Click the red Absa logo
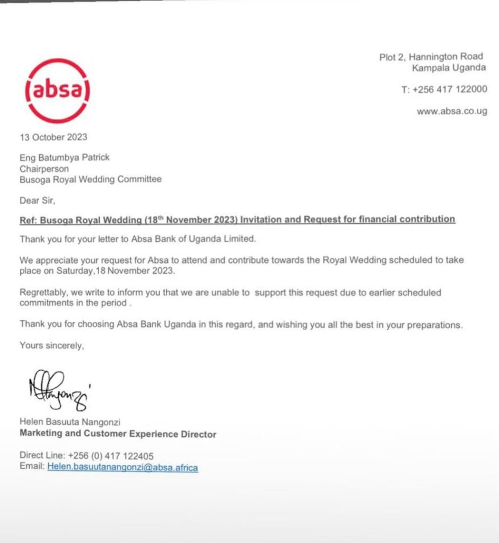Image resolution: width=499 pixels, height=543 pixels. (x=57, y=91)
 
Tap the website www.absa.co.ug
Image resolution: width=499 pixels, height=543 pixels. (x=452, y=111)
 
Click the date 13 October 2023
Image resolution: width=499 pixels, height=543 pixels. (x=54, y=137)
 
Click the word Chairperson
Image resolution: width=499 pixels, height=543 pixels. (x=44, y=169)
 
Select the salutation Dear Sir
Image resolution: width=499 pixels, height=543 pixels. (x=37, y=200)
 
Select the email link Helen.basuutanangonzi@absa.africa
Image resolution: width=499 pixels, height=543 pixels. (x=122, y=467)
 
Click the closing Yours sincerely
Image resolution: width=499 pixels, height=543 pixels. (x=51, y=345)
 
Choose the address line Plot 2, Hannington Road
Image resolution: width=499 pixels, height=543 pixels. (x=431, y=57)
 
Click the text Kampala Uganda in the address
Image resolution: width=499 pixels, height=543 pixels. (x=449, y=67)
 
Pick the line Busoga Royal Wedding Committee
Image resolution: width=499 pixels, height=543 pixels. (x=91, y=179)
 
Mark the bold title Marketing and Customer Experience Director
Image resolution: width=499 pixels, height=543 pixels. (x=118, y=434)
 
